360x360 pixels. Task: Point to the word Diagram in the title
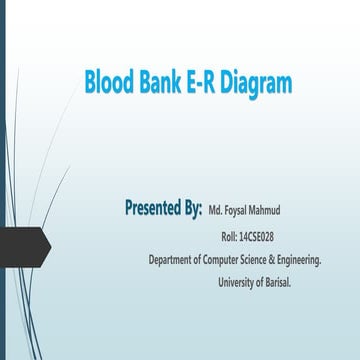pyautogui.click(x=257, y=84)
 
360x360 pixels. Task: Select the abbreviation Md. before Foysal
pyautogui.click(x=215, y=212)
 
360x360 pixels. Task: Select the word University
pyautogui.click(x=236, y=282)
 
